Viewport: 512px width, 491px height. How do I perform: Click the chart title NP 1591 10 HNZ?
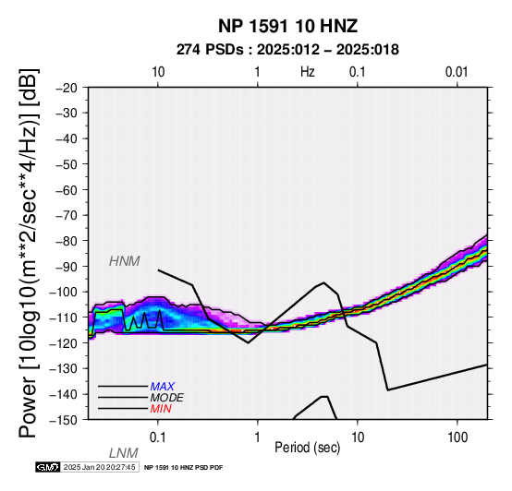[288, 26]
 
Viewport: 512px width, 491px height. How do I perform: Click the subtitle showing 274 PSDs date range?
[287, 50]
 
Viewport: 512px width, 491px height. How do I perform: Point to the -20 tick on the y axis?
[66, 88]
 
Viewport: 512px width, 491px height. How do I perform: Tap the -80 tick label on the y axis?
[66, 241]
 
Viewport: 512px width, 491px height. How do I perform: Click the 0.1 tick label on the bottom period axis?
[158, 437]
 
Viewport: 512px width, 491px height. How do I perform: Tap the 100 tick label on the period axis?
[457, 437]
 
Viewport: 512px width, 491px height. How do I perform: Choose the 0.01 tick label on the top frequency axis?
[457, 72]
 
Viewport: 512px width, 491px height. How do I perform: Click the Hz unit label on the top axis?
[307, 72]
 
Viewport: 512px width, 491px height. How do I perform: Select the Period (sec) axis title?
[307, 448]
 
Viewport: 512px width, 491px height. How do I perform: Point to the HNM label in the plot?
[125, 261]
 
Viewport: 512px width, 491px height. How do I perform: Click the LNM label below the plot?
[124, 453]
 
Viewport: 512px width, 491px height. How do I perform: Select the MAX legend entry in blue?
[163, 387]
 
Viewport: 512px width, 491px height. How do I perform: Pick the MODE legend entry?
[167, 398]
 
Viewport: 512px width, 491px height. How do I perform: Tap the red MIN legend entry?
[161, 409]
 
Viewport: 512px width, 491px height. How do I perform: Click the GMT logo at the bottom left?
[48, 467]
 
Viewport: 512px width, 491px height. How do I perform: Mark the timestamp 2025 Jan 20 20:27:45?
[99, 467]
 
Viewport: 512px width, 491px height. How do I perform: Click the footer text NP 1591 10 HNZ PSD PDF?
[183, 468]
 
